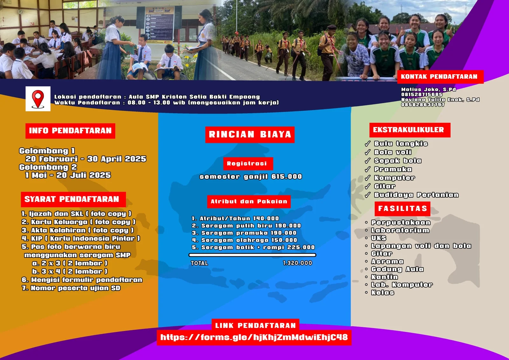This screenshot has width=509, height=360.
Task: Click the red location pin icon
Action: pos(38,99)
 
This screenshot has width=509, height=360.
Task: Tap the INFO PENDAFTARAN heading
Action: pos(70,131)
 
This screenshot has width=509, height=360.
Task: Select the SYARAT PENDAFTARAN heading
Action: pos(73,200)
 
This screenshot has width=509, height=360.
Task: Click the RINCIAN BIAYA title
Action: pos(250,134)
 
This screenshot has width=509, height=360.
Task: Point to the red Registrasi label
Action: pos(248,164)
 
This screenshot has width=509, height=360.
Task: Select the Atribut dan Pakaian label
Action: pos(249,201)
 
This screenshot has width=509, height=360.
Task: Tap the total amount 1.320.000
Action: pos(297,263)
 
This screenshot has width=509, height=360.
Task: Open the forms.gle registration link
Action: pos(254,337)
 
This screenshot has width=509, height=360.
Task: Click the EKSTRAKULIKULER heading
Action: pos(410,130)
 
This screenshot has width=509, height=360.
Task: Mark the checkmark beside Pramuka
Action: pos(367,169)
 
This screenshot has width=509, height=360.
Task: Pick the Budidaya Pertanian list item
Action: pos(416,195)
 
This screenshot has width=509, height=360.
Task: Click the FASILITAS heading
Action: pos(402,208)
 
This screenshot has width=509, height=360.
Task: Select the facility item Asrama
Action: pos(387,262)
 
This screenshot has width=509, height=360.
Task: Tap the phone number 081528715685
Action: pos(422,95)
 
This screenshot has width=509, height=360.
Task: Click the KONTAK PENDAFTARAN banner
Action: pos(440,77)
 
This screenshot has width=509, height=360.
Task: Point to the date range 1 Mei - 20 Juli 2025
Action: pos(68,175)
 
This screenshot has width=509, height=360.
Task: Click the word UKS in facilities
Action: pos(379,238)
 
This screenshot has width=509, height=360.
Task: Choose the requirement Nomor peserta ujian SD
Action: pos(71,288)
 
